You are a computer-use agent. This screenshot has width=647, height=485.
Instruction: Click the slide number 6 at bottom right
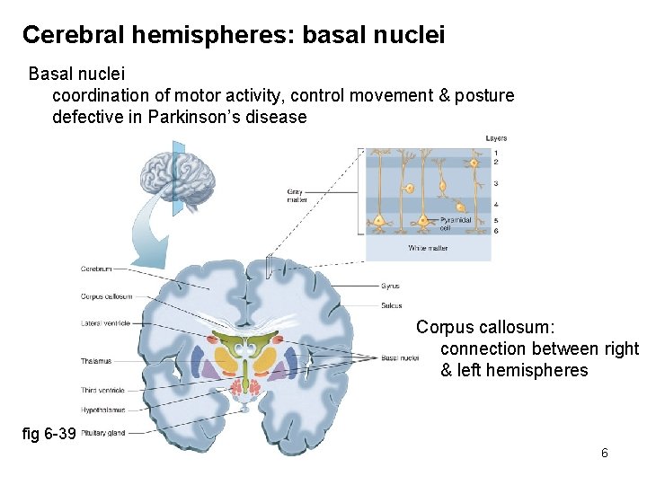pyautogui.click(x=605, y=453)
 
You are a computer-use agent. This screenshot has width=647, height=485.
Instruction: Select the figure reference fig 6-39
pyautogui.click(x=49, y=434)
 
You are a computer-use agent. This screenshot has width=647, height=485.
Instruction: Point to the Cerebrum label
pyautogui.click(x=96, y=268)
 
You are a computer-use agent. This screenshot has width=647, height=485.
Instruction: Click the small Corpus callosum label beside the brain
pyautogui.click(x=106, y=296)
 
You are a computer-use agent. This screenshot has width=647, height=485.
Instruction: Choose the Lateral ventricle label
pyautogui.click(x=105, y=323)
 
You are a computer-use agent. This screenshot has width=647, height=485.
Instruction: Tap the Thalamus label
pyautogui.click(x=96, y=361)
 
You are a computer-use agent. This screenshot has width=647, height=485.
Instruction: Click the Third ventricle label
pyautogui.click(x=102, y=391)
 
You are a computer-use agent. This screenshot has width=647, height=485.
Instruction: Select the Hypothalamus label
pyautogui.click(x=101, y=410)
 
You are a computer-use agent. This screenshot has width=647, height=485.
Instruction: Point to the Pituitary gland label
pyautogui.click(x=102, y=433)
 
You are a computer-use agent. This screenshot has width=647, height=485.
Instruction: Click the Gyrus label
pyautogui.click(x=390, y=287)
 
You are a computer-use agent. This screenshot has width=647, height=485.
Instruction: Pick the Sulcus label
pyautogui.click(x=391, y=306)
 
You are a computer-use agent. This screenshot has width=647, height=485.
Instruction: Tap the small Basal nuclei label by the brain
pyautogui.click(x=400, y=357)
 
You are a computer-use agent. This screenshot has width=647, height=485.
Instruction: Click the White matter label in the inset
pyautogui.click(x=428, y=248)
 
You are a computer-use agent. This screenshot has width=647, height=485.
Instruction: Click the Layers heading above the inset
pyautogui.click(x=496, y=138)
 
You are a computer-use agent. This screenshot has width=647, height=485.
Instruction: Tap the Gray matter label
pyautogui.click(x=296, y=195)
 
